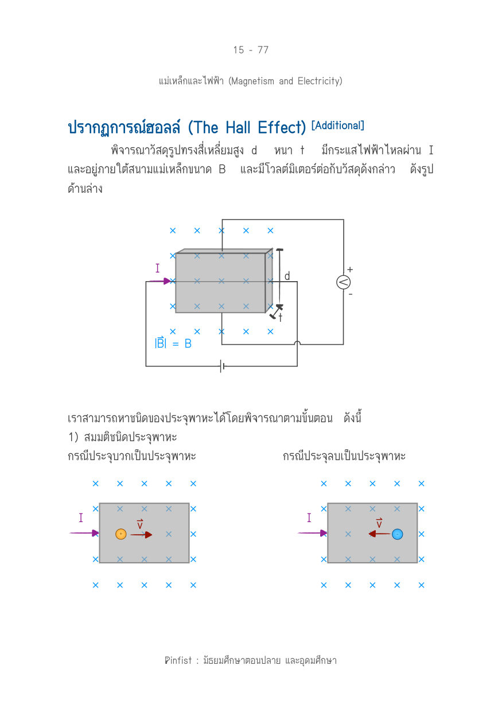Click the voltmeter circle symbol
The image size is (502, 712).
(x=343, y=282)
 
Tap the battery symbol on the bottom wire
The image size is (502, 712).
(x=222, y=366)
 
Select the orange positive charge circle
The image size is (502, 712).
(x=121, y=534)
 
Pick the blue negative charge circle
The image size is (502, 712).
(x=397, y=534)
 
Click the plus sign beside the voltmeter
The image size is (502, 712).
(x=350, y=270)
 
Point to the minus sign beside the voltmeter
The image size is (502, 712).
(x=351, y=294)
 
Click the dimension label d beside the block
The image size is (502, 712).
(x=287, y=276)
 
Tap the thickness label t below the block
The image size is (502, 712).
(x=281, y=317)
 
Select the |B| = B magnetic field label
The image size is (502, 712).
(x=173, y=343)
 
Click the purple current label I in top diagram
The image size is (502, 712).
(x=157, y=269)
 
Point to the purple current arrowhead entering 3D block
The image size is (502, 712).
(x=167, y=281)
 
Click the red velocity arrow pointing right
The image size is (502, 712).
(x=142, y=535)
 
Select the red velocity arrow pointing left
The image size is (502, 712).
(x=379, y=534)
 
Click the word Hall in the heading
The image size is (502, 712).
(x=238, y=127)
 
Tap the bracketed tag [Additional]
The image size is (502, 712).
(x=338, y=126)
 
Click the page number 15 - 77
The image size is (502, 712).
(x=251, y=50)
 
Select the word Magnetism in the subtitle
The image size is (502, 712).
(x=252, y=81)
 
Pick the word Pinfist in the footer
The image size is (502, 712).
(x=178, y=660)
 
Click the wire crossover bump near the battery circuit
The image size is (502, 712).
(x=297, y=343)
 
